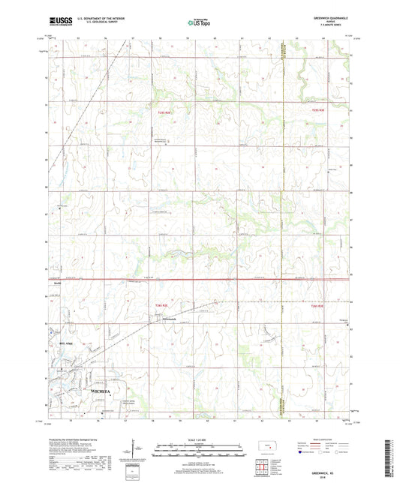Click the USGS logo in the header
coord(59,23)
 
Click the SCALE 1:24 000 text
coord(199,439)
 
